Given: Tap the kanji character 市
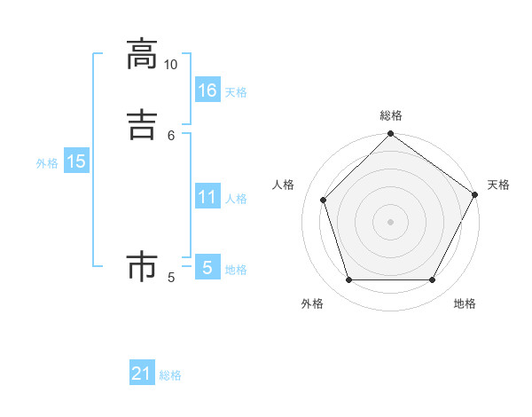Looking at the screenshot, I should coord(141,266).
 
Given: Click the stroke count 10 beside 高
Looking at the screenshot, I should coord(170,65).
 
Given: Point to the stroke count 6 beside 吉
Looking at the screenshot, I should coord(171,135).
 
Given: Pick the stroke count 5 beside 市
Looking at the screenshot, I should coord(171,278).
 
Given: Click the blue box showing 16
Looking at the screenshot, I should coord(207,90).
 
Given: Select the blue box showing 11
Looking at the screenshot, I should coord(207,197).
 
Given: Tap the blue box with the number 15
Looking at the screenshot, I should coord(76,161).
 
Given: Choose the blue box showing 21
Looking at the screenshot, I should coord(142,374).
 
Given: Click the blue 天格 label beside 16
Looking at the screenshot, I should coord(236,92).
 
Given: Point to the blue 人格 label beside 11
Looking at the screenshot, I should coord(237,199).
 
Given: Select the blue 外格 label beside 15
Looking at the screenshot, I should coord(47,163).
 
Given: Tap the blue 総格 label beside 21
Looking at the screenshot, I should coord(170,376).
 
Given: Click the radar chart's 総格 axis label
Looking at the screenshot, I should coord(391,115).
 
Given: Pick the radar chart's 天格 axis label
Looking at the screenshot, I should coord(498,185).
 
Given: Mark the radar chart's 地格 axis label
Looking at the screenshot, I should coord(465,303).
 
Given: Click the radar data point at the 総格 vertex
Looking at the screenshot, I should coord(390,135).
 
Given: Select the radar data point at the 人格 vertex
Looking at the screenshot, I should coord(324,200).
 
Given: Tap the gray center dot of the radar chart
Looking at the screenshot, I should coord(390,221).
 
